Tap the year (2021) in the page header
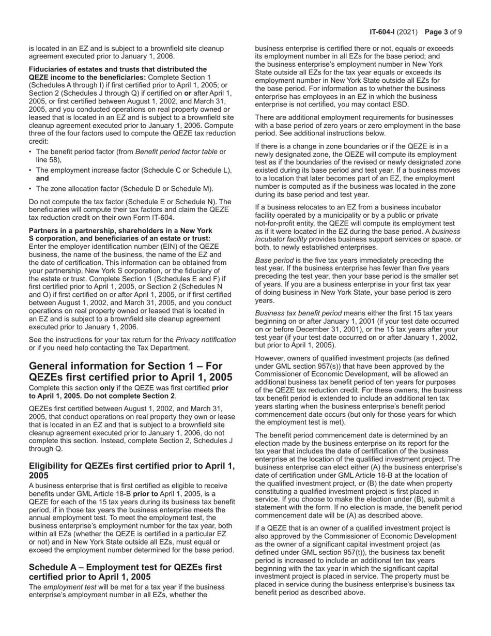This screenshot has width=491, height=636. pyautogui.click(x=411, y=32)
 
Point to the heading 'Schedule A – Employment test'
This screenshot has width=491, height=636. pyautogui.click(x=125, y=572)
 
